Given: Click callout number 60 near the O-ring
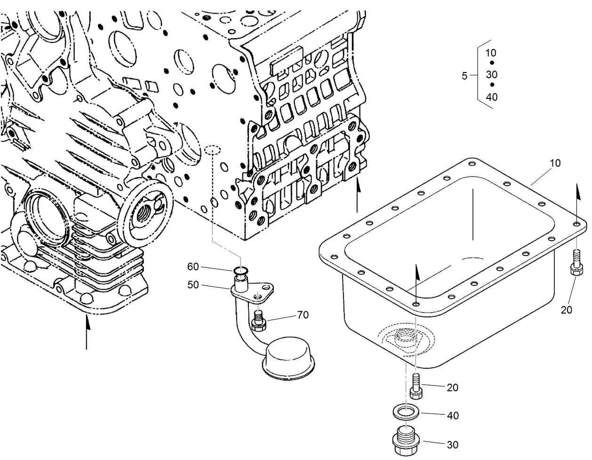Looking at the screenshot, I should pos(193,267).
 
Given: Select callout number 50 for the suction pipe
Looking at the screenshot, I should pos(193,285).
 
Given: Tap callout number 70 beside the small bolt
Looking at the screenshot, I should pos(303,315).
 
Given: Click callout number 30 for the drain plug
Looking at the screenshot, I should pos(453,444).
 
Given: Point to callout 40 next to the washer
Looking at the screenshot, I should pos(453,416).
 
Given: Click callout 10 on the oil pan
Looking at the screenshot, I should pos(555,163).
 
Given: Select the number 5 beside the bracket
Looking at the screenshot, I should pos(464,76).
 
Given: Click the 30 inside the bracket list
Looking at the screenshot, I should pos(491,75).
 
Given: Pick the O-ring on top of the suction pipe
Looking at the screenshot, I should pos(240,270).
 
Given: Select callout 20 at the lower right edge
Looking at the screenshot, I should pos(567,310).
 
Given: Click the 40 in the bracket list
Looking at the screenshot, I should pos(491,97).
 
